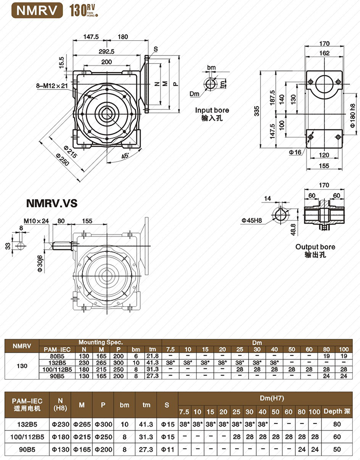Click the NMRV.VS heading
52,203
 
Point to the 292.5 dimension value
106,52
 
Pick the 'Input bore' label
212,110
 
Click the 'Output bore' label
315,247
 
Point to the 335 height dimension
256,111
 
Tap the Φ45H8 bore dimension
253,220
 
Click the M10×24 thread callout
36,220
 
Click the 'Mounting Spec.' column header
100,342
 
